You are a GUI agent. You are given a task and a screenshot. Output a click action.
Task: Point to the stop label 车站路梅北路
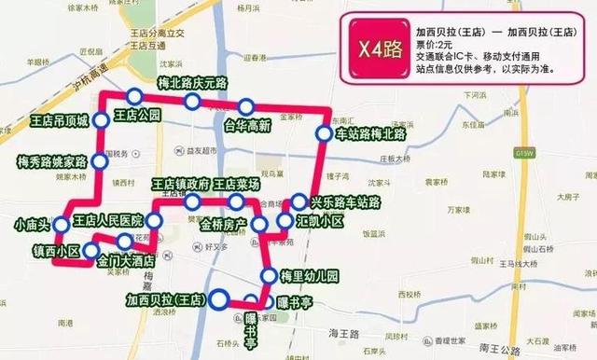point(372,134)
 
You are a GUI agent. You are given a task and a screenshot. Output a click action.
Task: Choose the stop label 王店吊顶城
point(59,121)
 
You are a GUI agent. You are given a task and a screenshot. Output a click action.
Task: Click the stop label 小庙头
point(33,225)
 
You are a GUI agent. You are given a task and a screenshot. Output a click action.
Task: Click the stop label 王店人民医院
point(108,221)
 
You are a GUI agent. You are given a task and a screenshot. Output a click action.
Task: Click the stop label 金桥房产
point(222,225)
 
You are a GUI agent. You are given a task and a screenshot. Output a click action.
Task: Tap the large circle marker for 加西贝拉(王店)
point(219,299)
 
